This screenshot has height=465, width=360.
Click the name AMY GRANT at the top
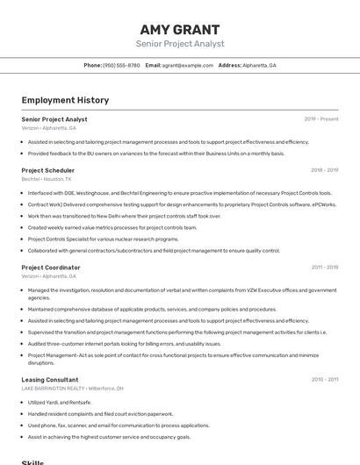[x=180, y=29]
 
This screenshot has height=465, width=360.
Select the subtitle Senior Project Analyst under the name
[x=180, y=44]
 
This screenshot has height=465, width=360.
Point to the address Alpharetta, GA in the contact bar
[x=260, y=65]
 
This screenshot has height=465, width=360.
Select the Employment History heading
[x=65, y=100]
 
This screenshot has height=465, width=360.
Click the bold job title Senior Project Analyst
[x=54, y=119]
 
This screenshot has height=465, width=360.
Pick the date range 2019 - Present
[x=320, y=119]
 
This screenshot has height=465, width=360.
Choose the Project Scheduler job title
[x=48, y=170]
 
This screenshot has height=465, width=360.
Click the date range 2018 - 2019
[x=324, y=170]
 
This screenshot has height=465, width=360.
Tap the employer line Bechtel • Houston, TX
[x=47, y=179]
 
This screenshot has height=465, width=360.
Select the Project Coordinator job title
[x=51, y=268]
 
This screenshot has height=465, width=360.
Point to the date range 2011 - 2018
[x=324, y=268]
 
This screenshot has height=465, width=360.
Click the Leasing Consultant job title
[x=50, y=380]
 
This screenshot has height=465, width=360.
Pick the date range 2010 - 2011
[x=324, y=380]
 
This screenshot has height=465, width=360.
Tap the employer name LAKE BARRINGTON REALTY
[x=54, y=389]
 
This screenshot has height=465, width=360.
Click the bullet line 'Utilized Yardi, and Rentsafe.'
[x=60, y=403]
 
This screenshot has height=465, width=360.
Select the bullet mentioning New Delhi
[x=124, y=216]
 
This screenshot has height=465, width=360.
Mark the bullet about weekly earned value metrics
[x=112, y=227]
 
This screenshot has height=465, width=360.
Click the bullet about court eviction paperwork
[x=100, y=414]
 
